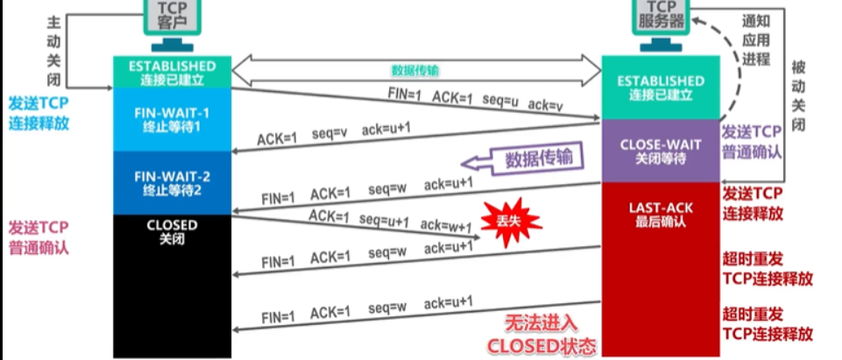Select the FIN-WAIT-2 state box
click(x=172, y=182)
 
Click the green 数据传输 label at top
click(x=415, y=70)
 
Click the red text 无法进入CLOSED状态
click(x=540, y=334)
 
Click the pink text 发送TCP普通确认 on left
click(x=39, y=237)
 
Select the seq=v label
click(x=332, y=133)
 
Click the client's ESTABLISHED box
click(x=172, y=72)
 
